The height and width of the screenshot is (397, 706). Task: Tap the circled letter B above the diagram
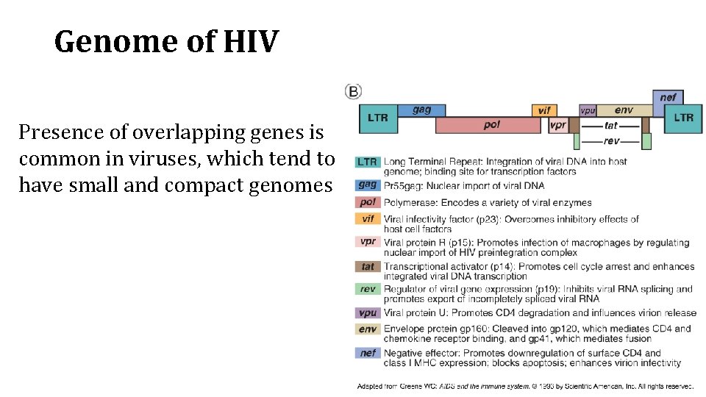pyautogui.click(x=353, y=92)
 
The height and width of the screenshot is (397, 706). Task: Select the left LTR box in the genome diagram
pyautogui.click(x=378, y=118)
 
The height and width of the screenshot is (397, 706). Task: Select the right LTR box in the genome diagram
pyautogui.click(x=682, y=118)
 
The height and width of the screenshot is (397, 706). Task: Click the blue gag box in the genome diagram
pyautogui.click(x=422, y=110)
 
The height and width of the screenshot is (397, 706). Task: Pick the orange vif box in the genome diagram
pyautogui.click(x=544, y=110)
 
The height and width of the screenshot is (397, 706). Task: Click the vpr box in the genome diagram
pyautogui.click(x=558, y=125)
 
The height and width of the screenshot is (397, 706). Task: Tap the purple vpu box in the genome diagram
pyautogui.click(x=588, y=110)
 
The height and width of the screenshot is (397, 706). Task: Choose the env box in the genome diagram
pyautogui.click(x=624, y=110)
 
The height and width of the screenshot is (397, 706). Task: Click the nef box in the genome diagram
pyautogui.click(x=668, y=97)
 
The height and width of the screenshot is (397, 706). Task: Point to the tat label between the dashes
pyautogui.click(x=610, y=126)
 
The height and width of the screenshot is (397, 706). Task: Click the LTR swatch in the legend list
pyautogui.click(x=367, y=162)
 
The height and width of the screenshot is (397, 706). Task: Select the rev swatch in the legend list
pyautogui.click(x=367, y=289)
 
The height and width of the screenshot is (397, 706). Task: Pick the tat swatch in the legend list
pyautogui.click(x=367, y=267)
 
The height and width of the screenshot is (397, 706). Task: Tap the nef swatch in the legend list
pyautogui.click(x=367, y=353)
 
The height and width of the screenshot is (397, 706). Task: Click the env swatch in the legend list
pyautogui.click(x=367, y=329)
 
